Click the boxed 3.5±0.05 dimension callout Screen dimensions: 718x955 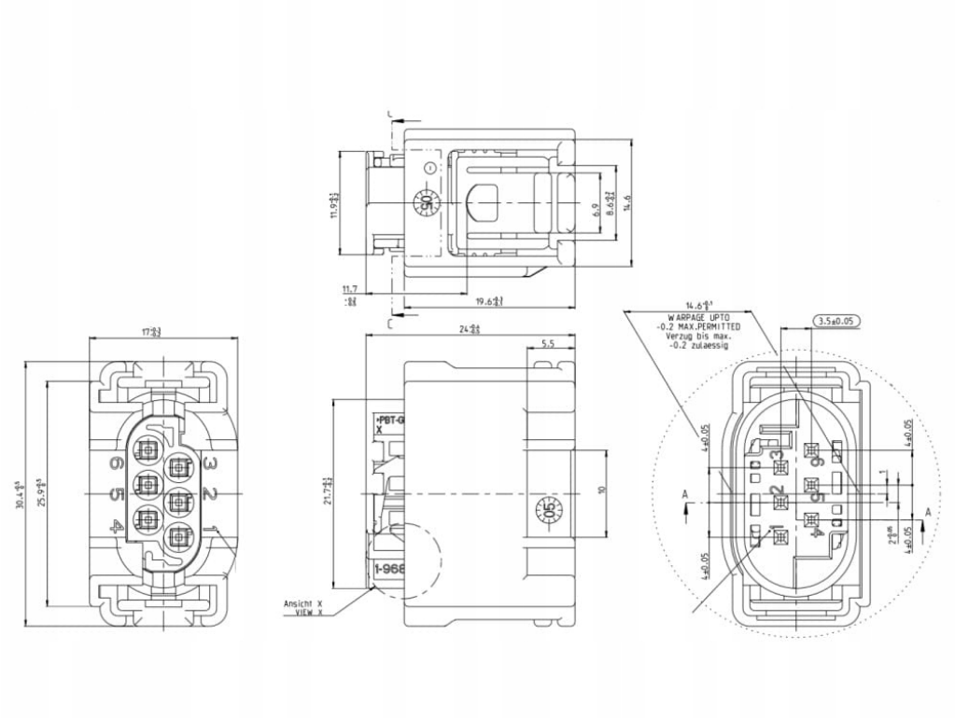pyautogui.click(x=836, y=321)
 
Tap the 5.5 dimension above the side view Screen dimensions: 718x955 pyautogui.click(x=548, y=344)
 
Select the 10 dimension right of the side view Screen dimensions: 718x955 pyautogui.click(x=603, y=490)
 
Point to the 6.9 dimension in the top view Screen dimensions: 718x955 pyautogui.click(x=596, y=211)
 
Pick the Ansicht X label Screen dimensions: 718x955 pyautogui.click(x=302, y=603)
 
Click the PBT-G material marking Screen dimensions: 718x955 pyautogui.click(x=389, y=421)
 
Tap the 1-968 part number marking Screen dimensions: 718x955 pyautogui.click(x=387, y=569)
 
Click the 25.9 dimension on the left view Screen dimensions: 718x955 pyautogui.click(x=40, y=492)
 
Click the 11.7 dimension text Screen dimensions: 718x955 pyautogui.click(x=350, y=290)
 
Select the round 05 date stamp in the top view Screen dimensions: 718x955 pyautogui.click(x=424, y=202)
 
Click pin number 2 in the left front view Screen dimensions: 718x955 pyautogui.click(x=210, y=493)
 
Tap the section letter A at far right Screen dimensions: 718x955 pyautogui.click(x=927, y=512)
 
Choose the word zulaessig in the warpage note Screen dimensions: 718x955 pyautogui.click(x=709, y=346)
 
